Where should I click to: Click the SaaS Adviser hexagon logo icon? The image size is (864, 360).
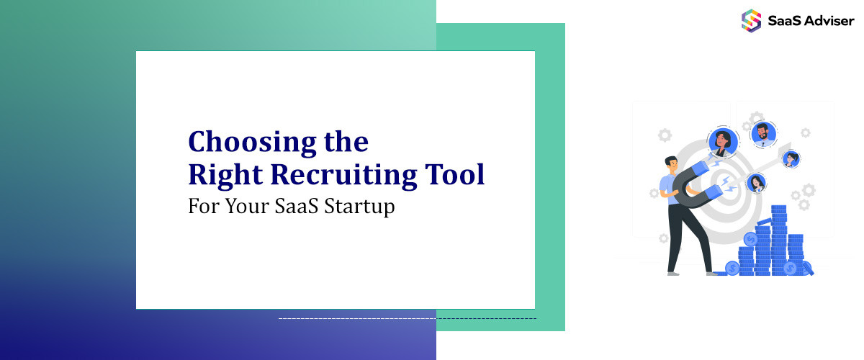[751, 19]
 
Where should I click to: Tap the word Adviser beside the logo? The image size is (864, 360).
[828, 20]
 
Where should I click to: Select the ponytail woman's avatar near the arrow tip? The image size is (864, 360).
[791, 159]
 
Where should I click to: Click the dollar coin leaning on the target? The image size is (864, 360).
[733, 268]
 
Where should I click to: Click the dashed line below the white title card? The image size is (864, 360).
[407, 318]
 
